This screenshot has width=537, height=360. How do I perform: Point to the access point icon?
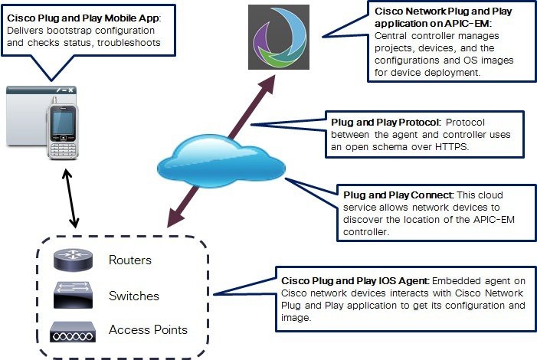(x=74, y=331)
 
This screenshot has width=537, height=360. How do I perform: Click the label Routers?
(x=130, y=260)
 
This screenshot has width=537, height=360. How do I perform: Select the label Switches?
(x=134, y=296)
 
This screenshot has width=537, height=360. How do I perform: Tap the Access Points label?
(x=148, y=330)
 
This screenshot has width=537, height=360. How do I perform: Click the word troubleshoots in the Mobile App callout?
(x=133, y=42)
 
